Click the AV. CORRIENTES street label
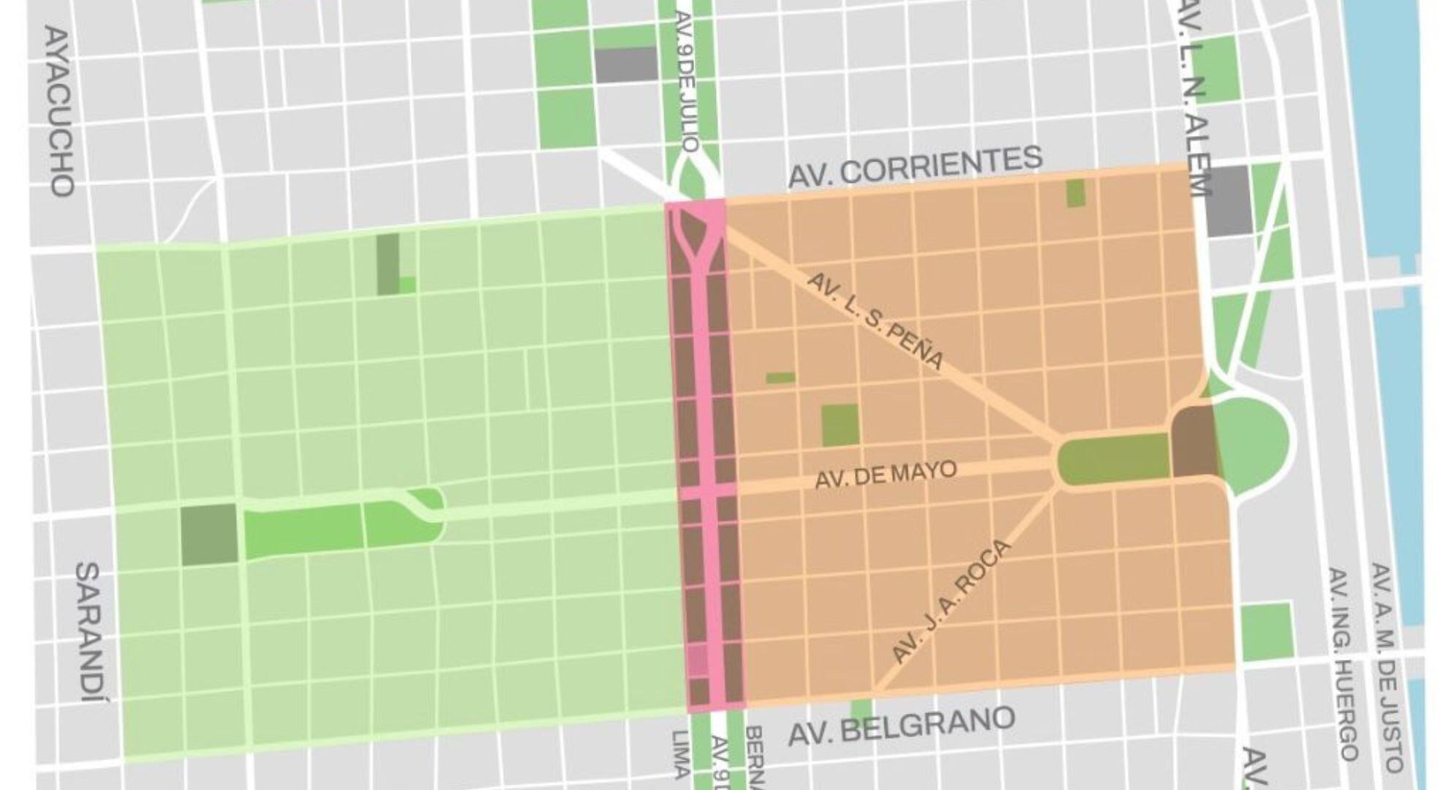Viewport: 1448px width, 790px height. [x=914, y=166]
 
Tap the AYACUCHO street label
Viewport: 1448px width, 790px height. [x=59, y=111]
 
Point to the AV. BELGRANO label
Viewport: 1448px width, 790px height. [x=901, y=726]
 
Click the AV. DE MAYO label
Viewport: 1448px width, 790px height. [x=885, y=475]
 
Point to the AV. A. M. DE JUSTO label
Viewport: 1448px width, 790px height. [x=1386, y=666]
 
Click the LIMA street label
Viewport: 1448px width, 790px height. [x=679, y=753]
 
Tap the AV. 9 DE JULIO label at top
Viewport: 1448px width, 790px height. [x=687, y=80]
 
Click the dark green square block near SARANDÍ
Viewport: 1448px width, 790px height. [x=208, y=534]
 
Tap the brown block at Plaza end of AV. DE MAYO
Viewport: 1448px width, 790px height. [x=1194, y=443]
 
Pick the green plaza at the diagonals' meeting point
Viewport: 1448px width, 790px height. [x=1113, y=458]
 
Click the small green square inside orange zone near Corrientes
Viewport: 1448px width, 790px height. [x=1075, y=193]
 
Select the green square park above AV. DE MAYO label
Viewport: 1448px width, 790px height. [x=840, y=425]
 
